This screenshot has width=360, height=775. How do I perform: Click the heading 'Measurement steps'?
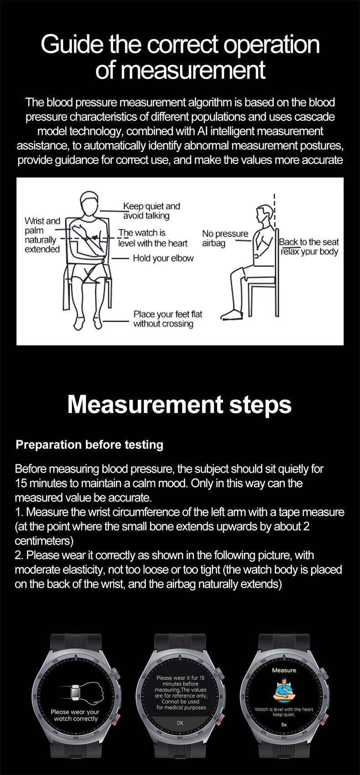(x=180, y=404)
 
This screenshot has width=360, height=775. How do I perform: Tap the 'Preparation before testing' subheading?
(x=89, y=445)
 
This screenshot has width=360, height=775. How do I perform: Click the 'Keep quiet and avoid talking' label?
(x=151, y=211)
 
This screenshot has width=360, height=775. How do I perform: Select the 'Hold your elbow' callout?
(x=163, y=258)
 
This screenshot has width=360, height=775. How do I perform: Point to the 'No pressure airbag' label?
(x=225, y=238)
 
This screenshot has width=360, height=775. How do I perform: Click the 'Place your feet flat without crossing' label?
(x=167, y=319)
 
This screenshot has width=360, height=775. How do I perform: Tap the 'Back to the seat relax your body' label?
(x=309, y=247)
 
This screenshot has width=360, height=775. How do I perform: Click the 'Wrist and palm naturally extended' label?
(x=42, y=235)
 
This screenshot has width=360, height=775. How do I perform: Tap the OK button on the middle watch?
(x=180, y=723)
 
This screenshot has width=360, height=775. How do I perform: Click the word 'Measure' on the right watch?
(x=284, y=670)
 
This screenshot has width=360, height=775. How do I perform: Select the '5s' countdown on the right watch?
(x=284, y=724)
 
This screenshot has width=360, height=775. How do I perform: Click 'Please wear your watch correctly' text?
(x=75, y=715)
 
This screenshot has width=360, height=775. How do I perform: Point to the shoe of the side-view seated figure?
(x=230, y=315)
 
